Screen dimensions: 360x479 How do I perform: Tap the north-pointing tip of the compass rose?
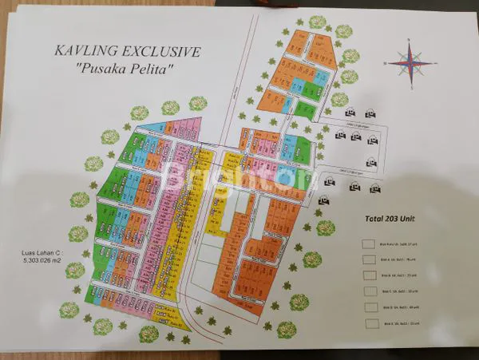click(x=410, y=44)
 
